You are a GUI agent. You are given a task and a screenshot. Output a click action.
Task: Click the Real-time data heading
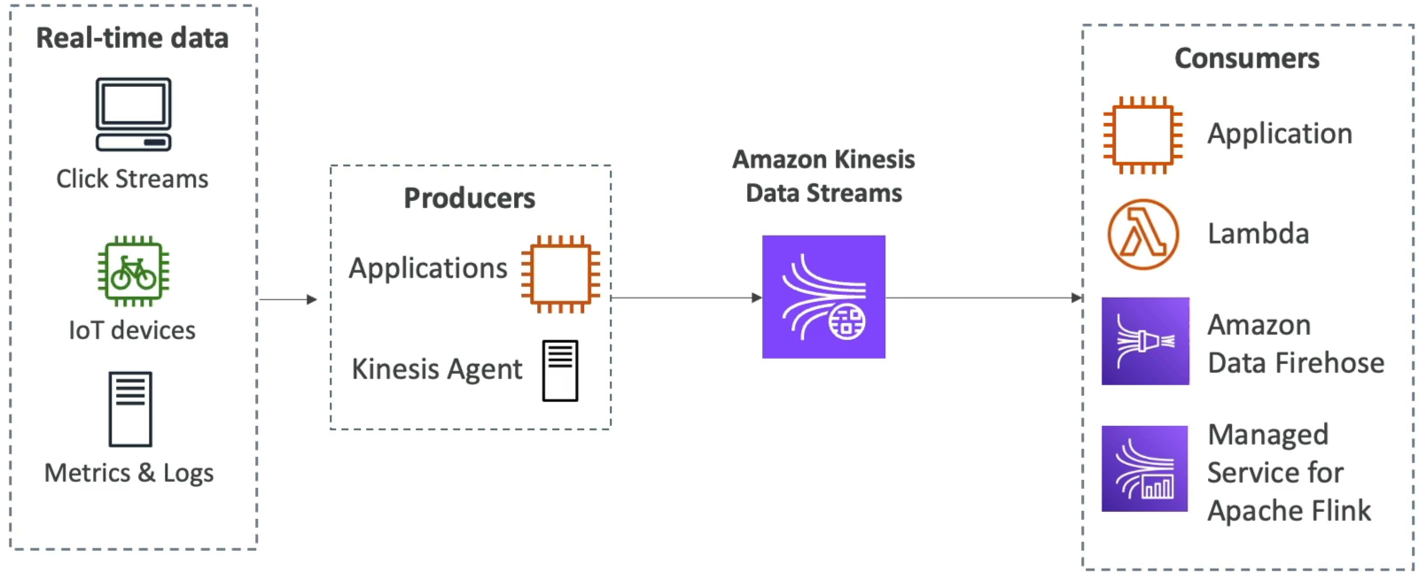point(132,38)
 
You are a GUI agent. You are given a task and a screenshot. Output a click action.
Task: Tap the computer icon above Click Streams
point(134,114)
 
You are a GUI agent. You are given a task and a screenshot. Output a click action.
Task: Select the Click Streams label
point(132,179)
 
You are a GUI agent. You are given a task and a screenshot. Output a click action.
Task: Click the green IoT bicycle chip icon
point(134,271)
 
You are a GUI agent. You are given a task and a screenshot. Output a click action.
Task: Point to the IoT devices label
point(132,330)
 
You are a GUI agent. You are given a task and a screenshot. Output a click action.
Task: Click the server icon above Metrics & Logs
point(130,409)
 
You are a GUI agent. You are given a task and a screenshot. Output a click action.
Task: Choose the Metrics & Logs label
point(129,473)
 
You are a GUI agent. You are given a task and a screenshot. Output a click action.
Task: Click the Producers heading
point(470,198)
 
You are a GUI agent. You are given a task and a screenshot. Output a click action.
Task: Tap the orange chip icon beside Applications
point(561,275)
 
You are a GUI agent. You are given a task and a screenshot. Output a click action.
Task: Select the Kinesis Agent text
point(437,369)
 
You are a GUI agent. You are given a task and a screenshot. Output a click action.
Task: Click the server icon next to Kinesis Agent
point(560,370)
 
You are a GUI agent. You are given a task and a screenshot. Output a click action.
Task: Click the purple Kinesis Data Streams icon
point(823,297)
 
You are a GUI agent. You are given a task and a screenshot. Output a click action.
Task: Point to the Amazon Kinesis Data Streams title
point(823,176)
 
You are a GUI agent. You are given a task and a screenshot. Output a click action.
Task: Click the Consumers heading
point(1247,58)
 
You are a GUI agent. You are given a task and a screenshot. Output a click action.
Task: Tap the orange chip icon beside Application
point(1143,136)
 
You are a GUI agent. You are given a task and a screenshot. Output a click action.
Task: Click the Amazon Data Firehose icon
point(1145,341)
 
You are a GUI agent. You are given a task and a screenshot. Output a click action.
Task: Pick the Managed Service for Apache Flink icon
point(1144,468)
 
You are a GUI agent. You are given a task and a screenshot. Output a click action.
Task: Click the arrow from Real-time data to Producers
point(288,299)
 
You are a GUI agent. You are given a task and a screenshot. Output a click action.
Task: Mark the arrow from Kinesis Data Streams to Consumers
point(984,298)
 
